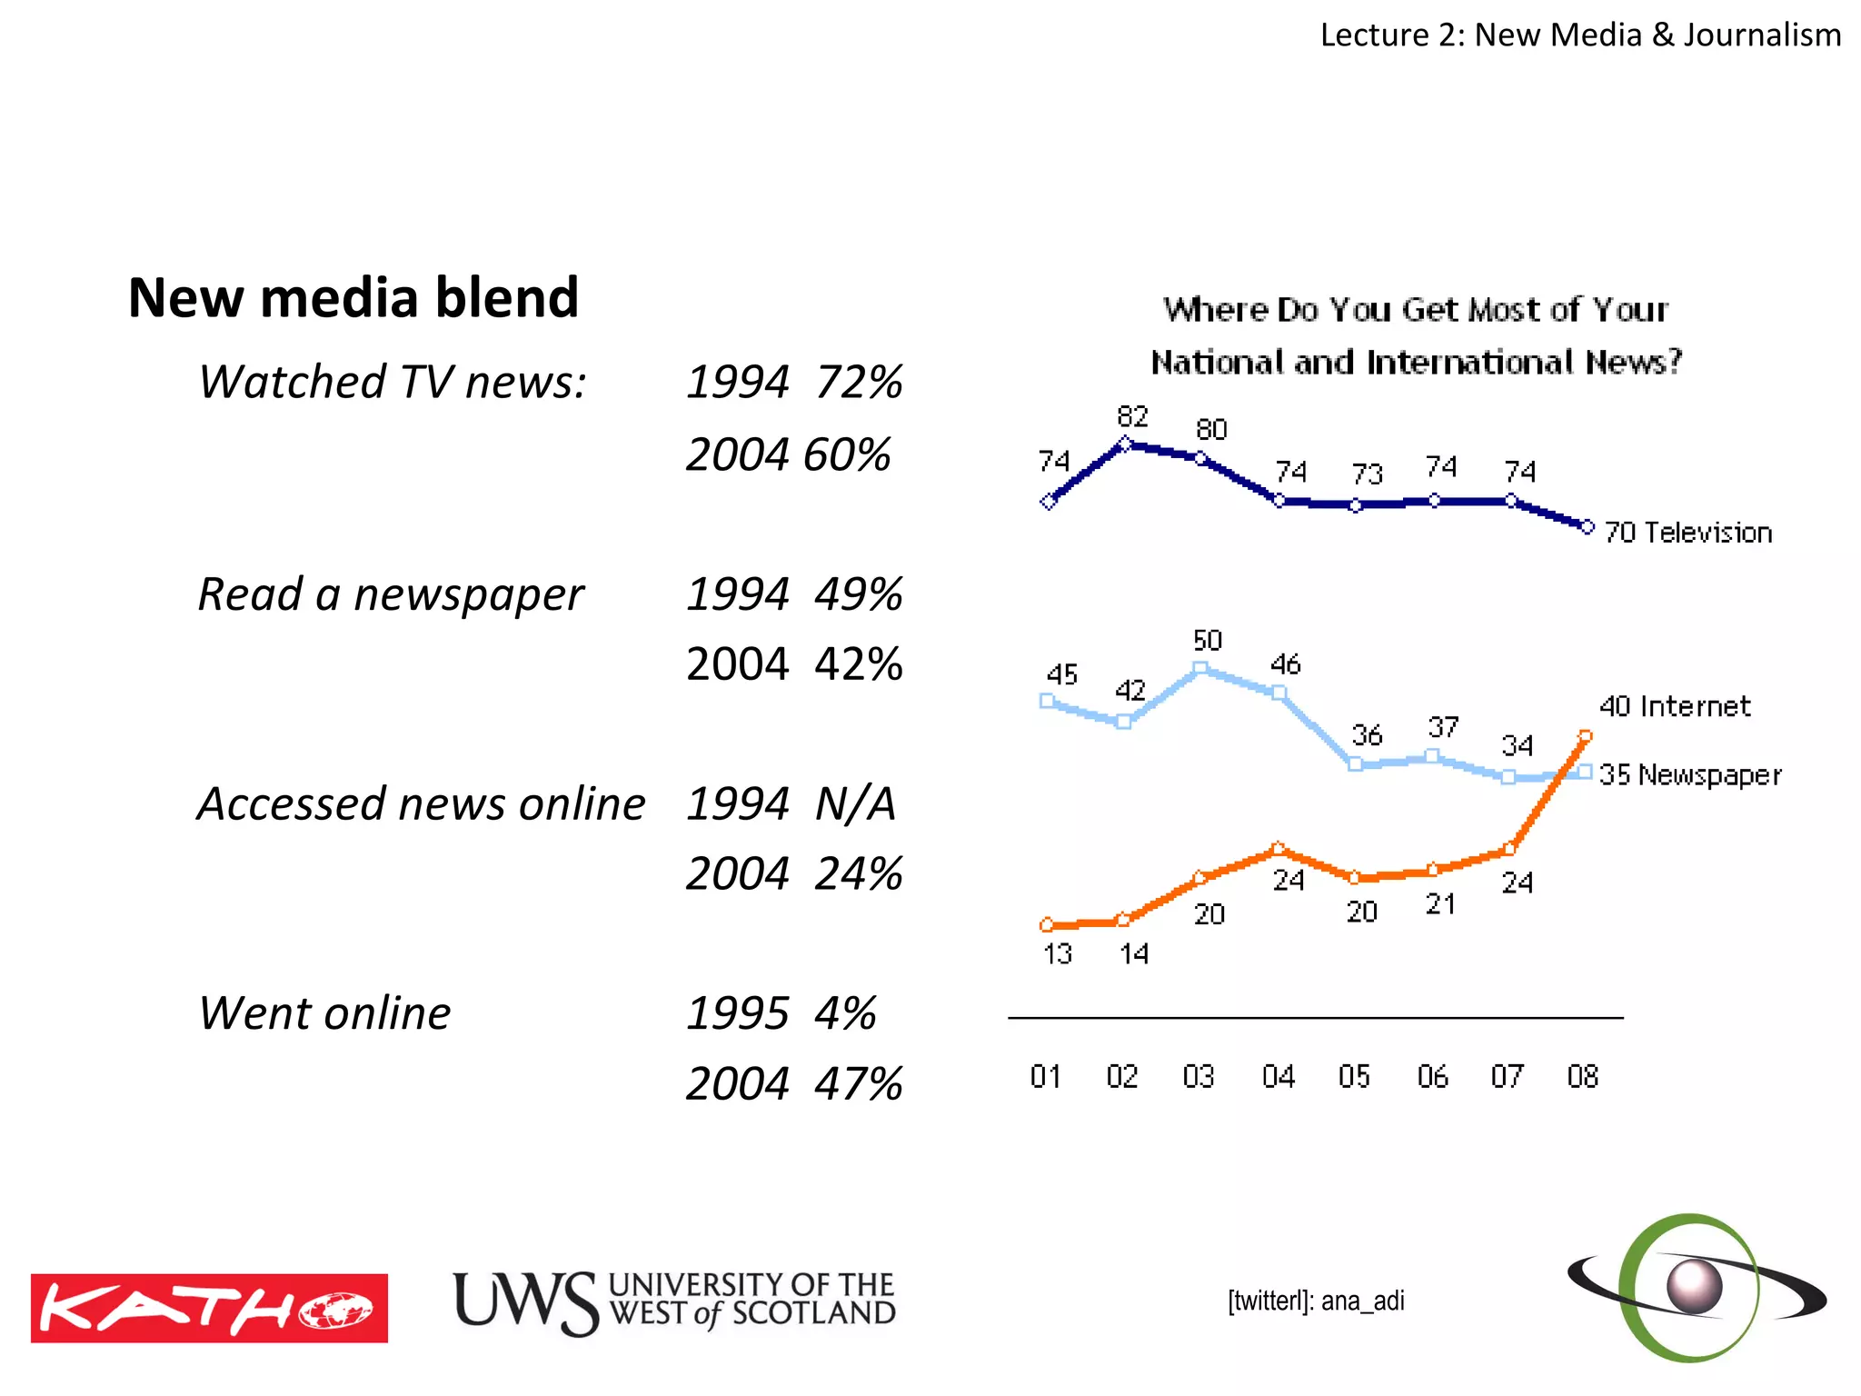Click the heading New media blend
click(353, 297)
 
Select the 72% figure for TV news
click(858, 382)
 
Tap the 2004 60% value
click(788, 454)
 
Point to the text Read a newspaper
click(391, 594)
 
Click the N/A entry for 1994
click(855, 803)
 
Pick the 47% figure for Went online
click(858, 1083)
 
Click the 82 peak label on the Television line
click(1132, 416)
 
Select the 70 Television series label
click(1687, 533)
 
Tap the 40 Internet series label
click(1674, 706)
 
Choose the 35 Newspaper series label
click(1689, 774)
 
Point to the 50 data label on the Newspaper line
click(1207, 640)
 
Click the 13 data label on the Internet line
click(1057, 953)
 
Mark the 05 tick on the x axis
click(1354, 1076)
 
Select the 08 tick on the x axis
click(1582, 1076)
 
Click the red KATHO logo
click(209, 1308)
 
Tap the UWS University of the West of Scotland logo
click(673, 1301)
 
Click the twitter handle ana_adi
click(1316, 1301)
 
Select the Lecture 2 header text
click(1579, 35)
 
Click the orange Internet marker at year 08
click(1585, 736)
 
